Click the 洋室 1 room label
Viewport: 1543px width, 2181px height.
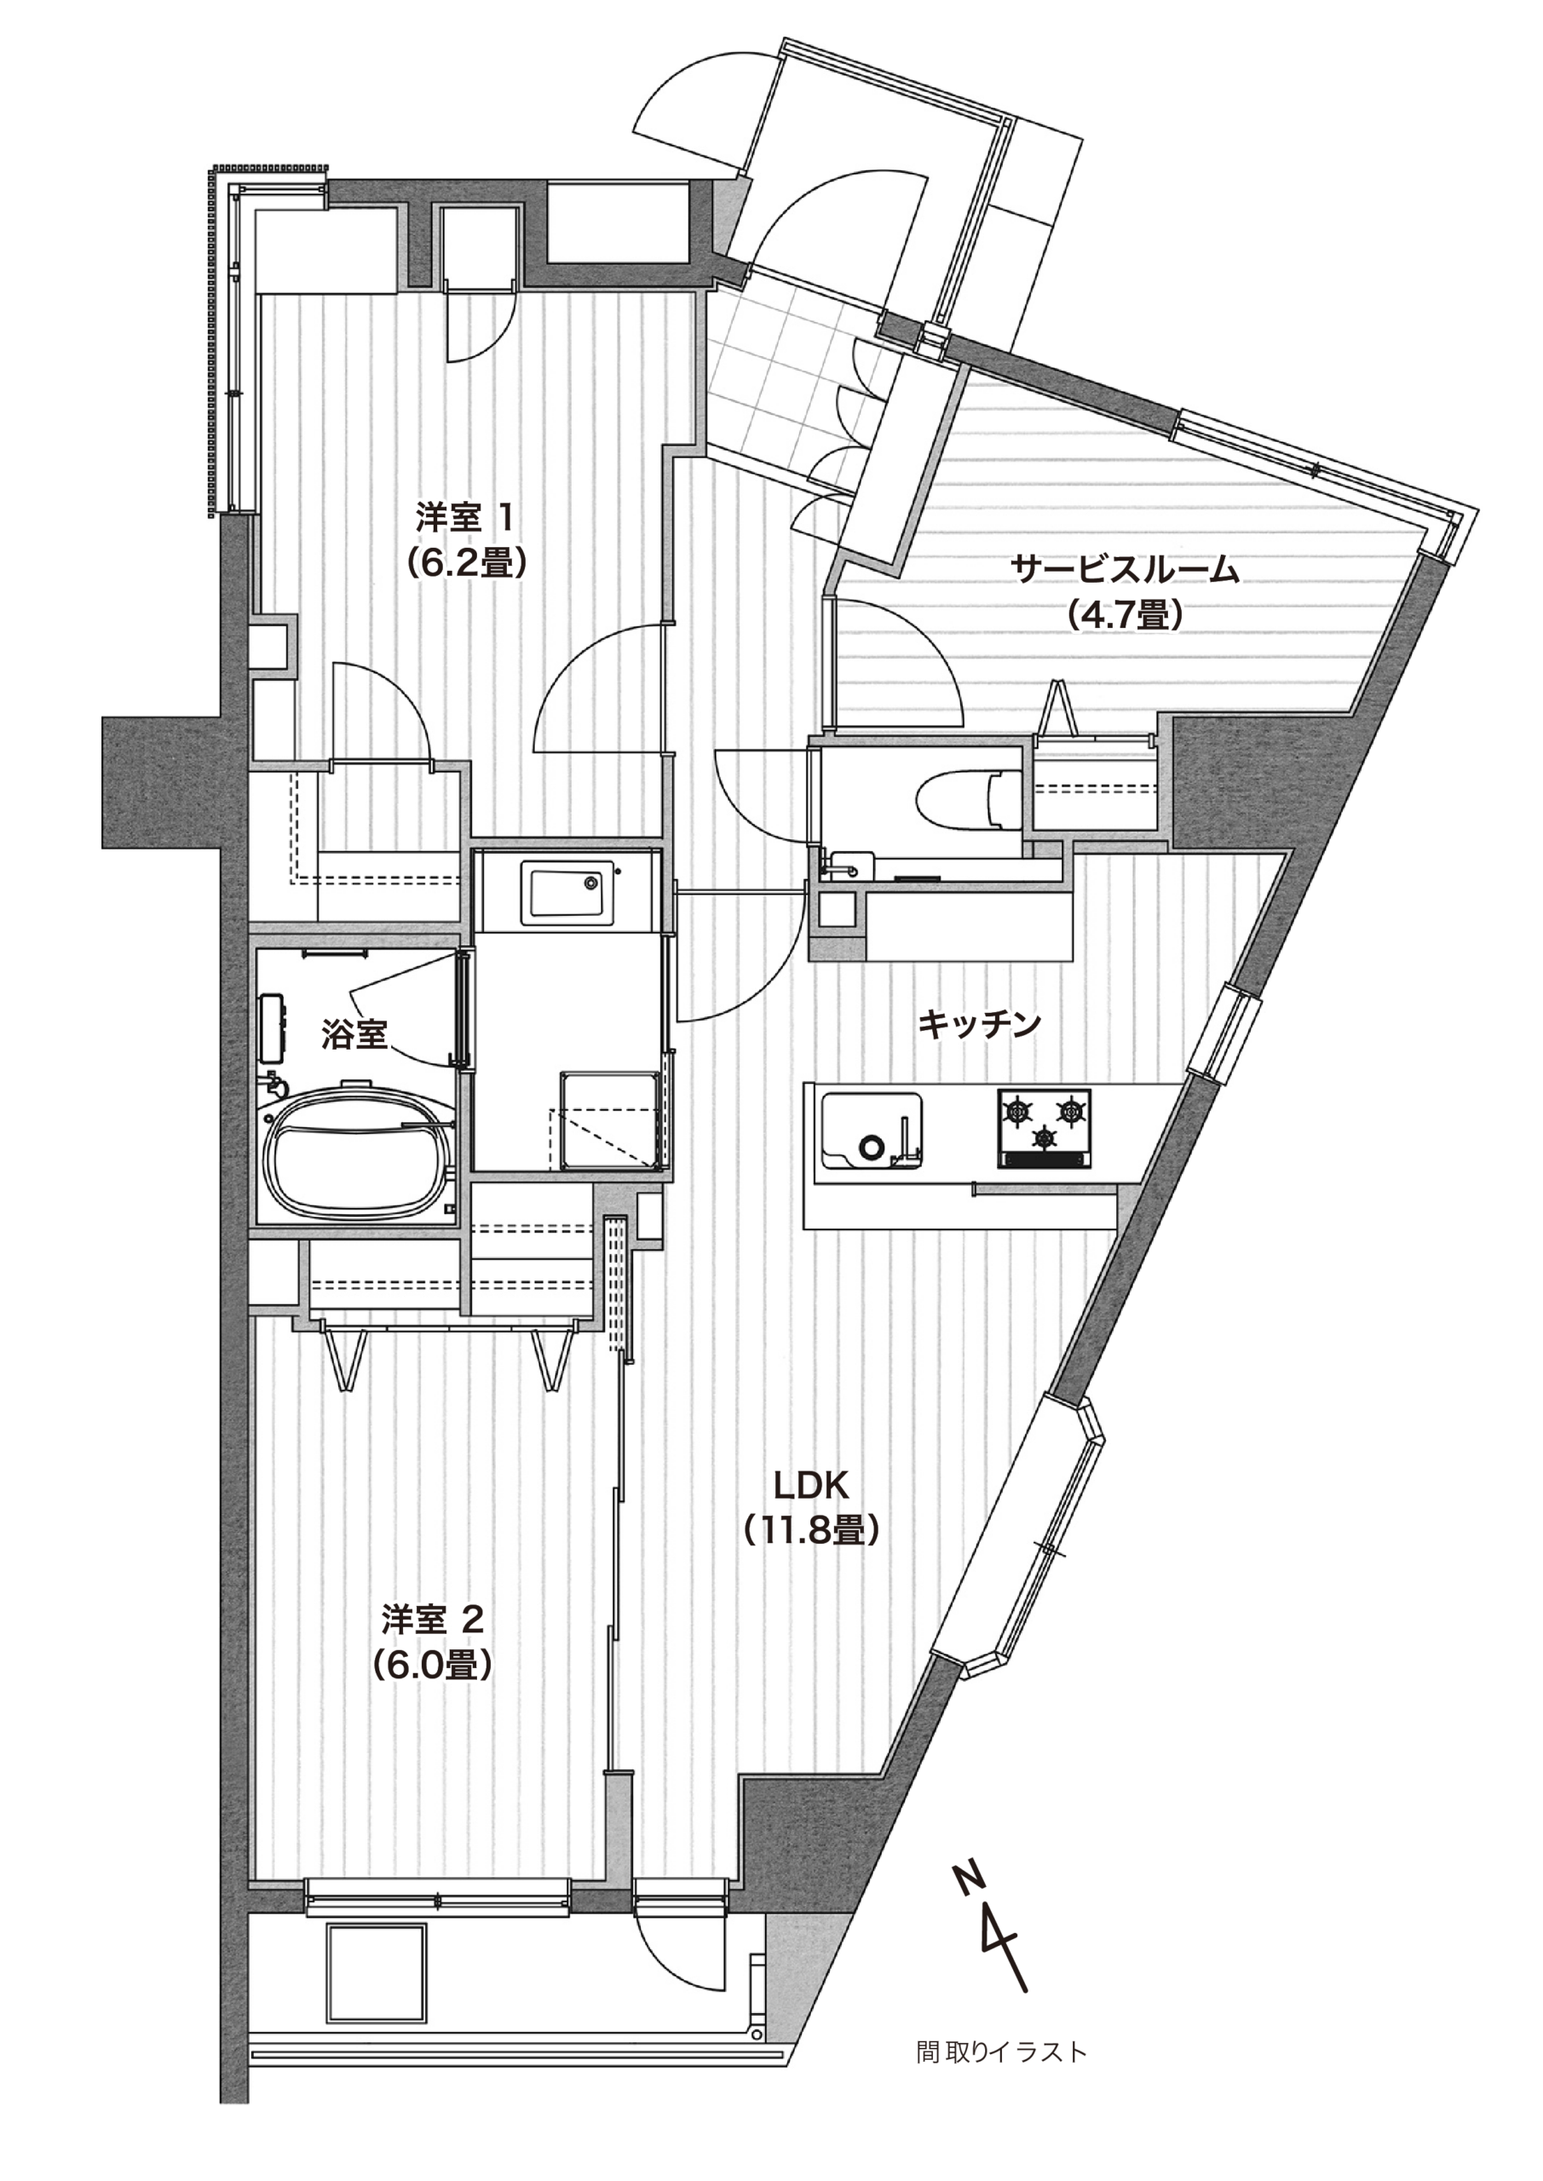(x=465, y=520)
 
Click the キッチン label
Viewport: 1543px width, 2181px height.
(x=980, y=1024)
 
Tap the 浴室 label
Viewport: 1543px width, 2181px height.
(x=354, y=1034)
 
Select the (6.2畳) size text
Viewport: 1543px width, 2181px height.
(x=465, y=564)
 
